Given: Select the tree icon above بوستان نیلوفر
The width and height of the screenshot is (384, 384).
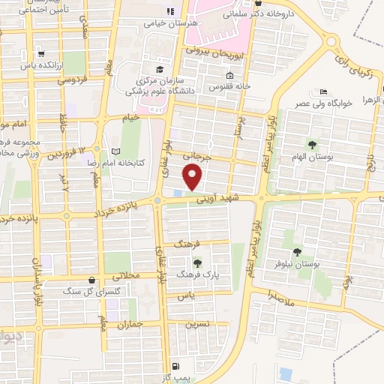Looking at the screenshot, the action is [x=297, y=253].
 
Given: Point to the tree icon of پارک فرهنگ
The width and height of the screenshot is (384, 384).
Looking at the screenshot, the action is [x=197, y=262].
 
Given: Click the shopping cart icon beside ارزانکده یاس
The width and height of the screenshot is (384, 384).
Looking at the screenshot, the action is [x=40, y=53].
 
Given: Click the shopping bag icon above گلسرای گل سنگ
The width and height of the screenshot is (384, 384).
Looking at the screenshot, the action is [x=91, y=280].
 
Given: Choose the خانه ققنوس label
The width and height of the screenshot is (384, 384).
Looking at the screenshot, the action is [x=230, y=85].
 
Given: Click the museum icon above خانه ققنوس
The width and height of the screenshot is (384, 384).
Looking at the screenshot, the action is [x=229, y=75].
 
